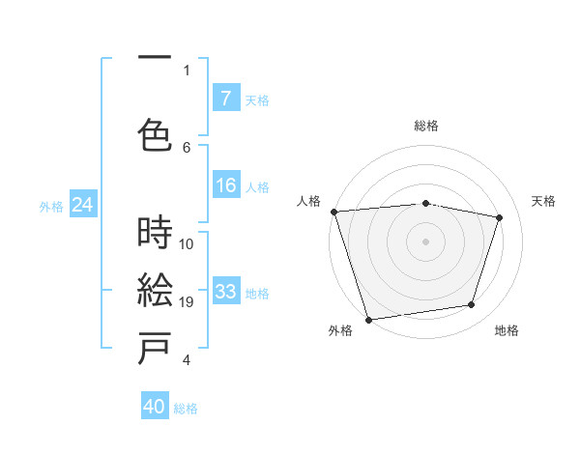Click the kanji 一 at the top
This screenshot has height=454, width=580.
tap(156, 59)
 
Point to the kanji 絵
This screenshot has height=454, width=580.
tap(156, 291)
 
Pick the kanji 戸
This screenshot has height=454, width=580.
tap(156, 350)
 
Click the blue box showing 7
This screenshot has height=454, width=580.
tap(225, 99)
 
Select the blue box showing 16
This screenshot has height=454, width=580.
tap(225, 186)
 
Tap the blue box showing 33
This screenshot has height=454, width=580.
tap(225, 293)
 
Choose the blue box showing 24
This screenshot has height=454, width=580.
tap(83, 205)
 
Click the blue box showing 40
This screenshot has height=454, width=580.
tap(155, 407)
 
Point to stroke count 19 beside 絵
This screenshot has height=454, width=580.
tap(187, 302)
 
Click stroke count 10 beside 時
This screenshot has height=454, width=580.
tap(187, 243)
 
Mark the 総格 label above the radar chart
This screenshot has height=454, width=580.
tap(425, 126)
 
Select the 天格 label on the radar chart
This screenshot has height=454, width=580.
tap(543, 201)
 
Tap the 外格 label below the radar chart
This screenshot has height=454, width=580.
tap(340, 330)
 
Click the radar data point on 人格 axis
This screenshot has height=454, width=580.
tap(333, 212)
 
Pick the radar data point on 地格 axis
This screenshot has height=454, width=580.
tap(472, 305)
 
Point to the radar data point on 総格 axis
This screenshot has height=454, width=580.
tap(425, 203)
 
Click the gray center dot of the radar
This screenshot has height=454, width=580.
tap(425, 241)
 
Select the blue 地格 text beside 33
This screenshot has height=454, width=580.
tap(257, 293)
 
